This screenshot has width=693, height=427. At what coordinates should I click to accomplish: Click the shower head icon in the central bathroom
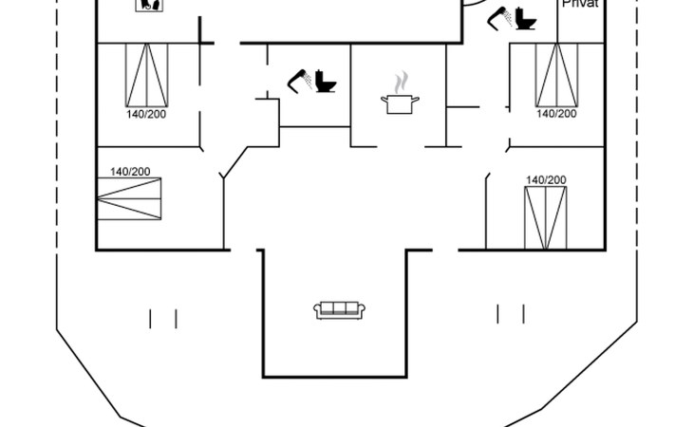[300, 81]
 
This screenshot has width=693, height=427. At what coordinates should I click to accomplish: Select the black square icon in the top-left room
[147, 5]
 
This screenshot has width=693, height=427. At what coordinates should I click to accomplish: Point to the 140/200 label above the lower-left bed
[130, 172]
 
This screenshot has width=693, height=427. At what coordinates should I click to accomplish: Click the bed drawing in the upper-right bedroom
[556, 75]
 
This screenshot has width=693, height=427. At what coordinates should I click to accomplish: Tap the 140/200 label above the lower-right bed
[546, 179]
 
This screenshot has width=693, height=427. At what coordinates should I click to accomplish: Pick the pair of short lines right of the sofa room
[511, 314]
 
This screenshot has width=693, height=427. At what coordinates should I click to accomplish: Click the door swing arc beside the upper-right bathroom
[475, 8]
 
